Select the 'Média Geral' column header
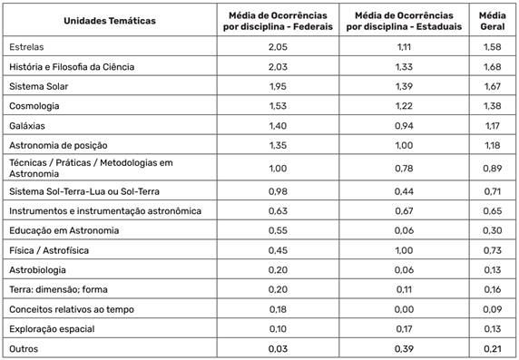[x=493, y=20]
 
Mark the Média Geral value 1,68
[x=493, y=65]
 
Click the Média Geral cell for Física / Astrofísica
[x=493, y=250]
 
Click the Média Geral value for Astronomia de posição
[x=493, y=145]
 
